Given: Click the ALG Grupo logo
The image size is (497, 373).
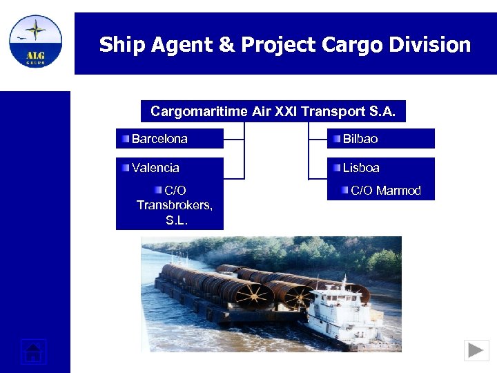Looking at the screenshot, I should click(x=35, y=41).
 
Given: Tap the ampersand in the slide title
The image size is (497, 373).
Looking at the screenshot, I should click(x=226, y=46).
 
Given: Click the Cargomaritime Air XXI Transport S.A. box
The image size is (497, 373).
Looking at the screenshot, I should click(x=273, y=111).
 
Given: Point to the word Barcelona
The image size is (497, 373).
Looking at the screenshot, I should click(x=159, y=139).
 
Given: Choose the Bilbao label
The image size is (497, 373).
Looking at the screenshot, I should click(x=360, y=139).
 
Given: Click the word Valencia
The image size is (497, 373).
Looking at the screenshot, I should click(x=155, y=168).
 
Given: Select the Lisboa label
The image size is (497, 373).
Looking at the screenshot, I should click(x=361, y=168).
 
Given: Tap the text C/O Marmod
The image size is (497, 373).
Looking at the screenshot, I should click(x=385, y=191).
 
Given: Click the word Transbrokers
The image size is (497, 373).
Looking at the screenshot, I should click(x=174, y=205).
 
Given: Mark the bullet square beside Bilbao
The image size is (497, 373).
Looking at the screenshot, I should click(x=336, y=139).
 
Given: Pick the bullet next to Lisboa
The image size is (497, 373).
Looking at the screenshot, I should click(x=336, y=168).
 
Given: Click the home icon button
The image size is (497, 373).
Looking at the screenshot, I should click(x=33, y=352).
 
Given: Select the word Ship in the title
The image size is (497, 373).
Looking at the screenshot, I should click(x=121, y=46).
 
